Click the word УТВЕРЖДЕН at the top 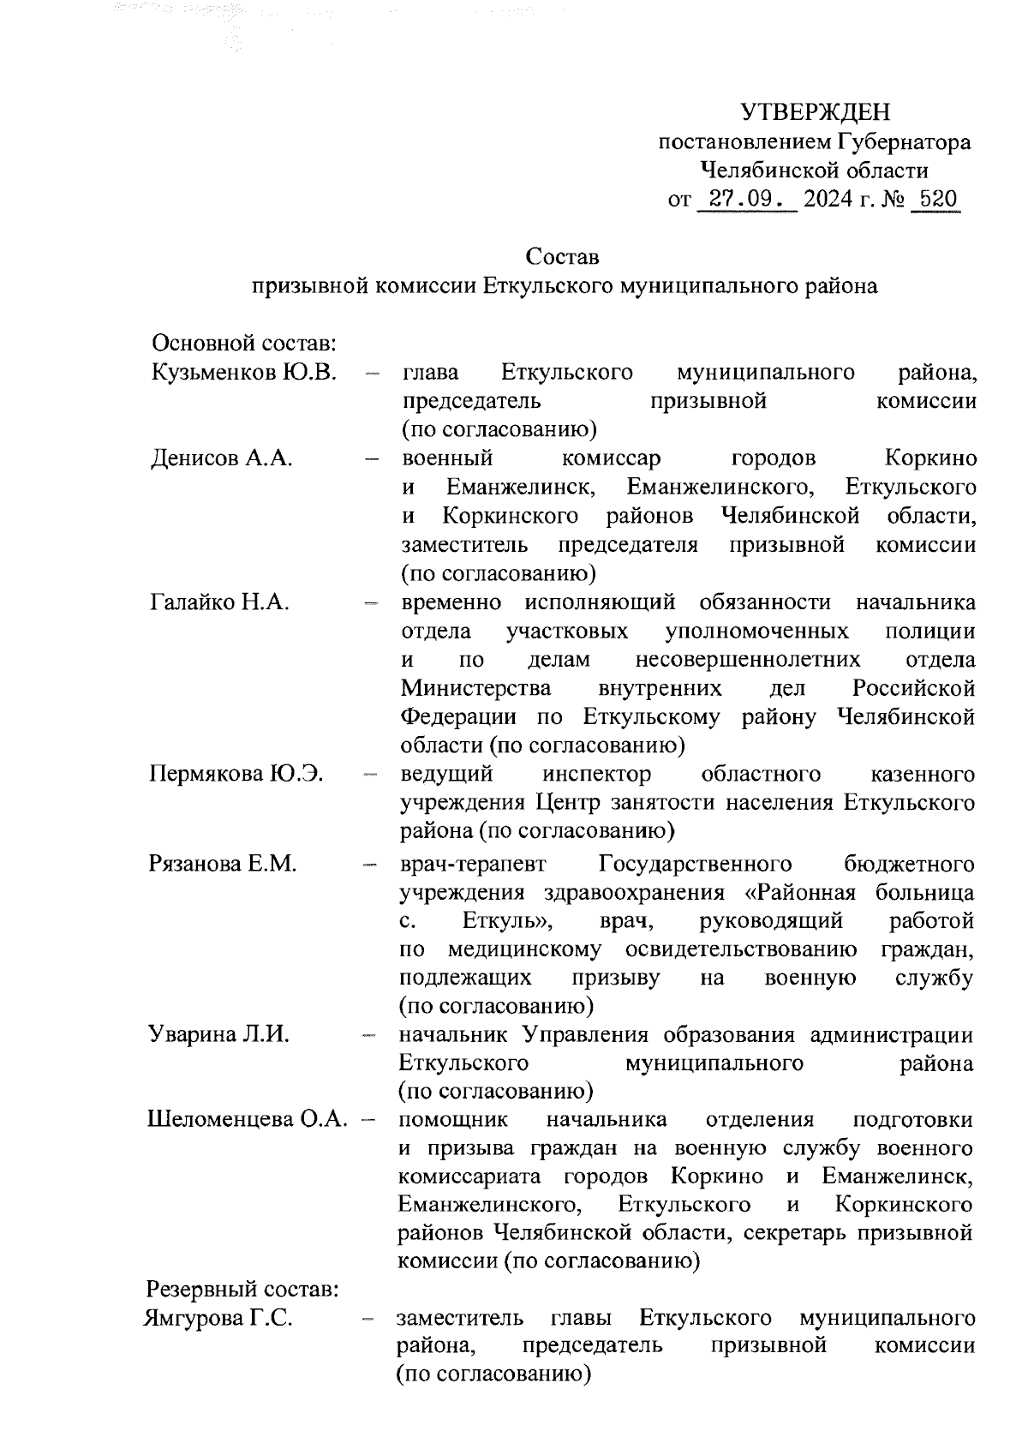coord(816,112)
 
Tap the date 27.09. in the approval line coord(747,201)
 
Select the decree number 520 coord(935,201)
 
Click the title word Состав coord(563,256)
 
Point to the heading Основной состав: coord(242,344)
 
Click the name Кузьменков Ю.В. coord(244,372)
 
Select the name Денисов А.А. coord(222,458)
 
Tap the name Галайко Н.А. coord(220,602)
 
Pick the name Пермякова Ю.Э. coord(236,775)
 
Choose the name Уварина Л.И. coord(218,1034)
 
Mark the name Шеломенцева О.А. coord(248,1120)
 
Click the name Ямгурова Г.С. coord(219,1319)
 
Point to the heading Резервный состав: coord(243,1290)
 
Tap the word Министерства coord(476,688)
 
